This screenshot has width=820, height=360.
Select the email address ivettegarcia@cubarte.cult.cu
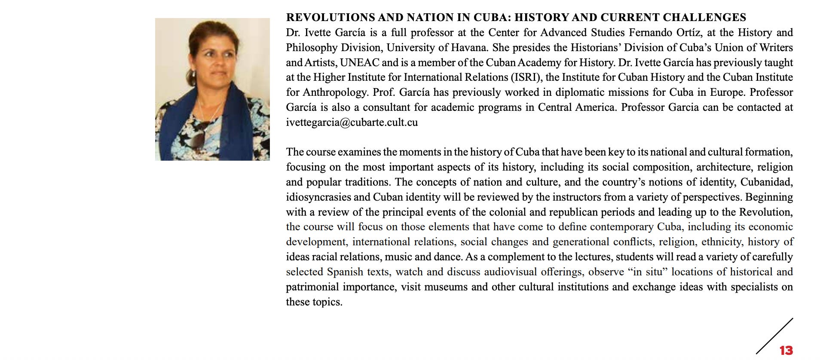352,122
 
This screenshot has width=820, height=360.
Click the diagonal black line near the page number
774,336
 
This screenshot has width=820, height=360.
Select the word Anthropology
335,92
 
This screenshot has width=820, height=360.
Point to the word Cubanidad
766,182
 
